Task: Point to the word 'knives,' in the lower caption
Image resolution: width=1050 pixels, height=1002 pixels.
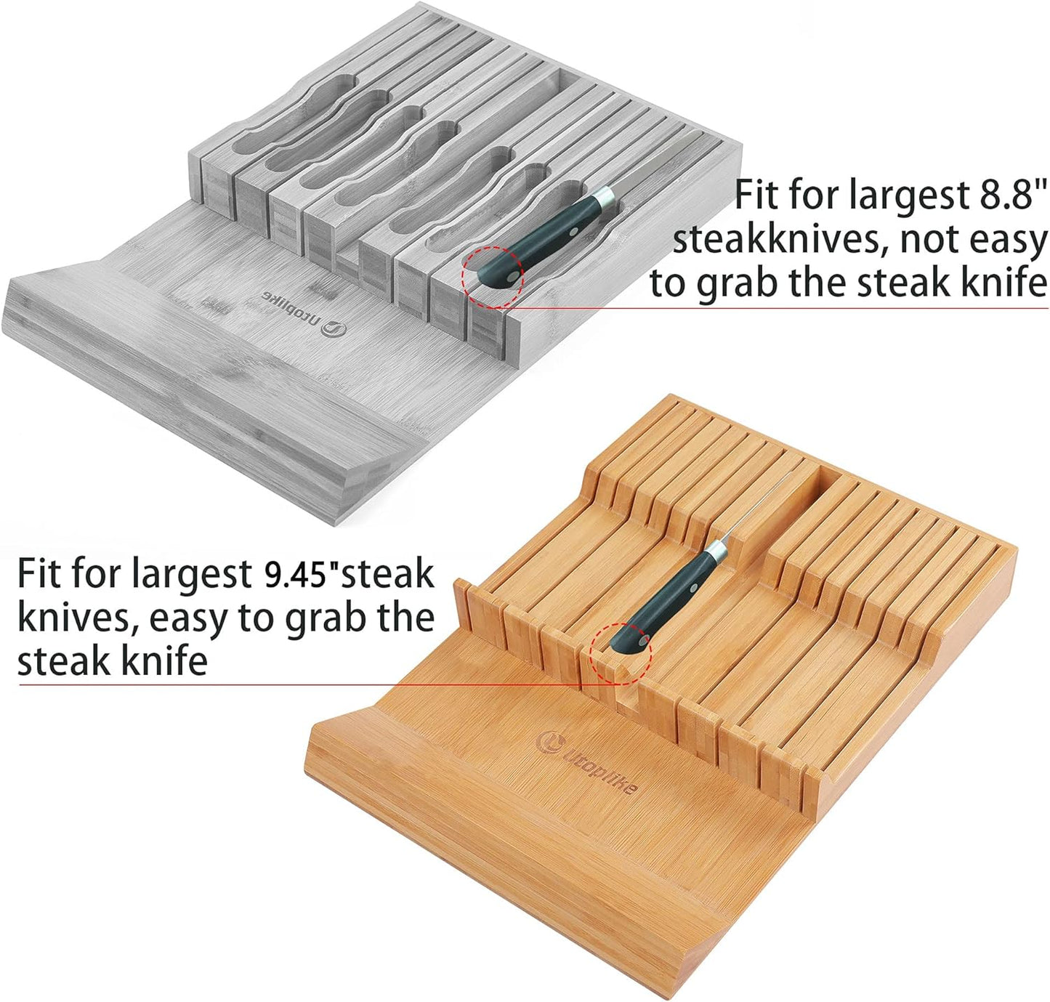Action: (x=76, y=618)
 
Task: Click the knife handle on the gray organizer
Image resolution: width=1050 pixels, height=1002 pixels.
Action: (x=541, y=240)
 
